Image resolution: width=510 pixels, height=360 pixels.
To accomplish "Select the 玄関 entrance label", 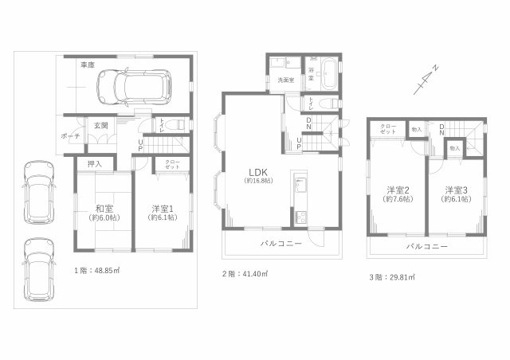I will pos(100,125).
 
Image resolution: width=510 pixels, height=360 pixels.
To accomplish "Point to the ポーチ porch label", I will pos(69,136).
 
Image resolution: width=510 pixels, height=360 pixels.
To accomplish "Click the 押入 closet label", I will pos(95,163).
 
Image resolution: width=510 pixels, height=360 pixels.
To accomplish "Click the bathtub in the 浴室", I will pos(328,68).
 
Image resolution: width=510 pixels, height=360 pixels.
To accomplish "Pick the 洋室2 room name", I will pos(398,190).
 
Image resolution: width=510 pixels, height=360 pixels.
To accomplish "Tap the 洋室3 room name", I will pos(456,190).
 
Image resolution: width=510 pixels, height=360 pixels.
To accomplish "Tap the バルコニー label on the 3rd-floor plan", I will pos(426,247).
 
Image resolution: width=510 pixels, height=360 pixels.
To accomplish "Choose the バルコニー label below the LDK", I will pos(281,243).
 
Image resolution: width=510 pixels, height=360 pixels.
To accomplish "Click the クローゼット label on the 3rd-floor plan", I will pos(388,129).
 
